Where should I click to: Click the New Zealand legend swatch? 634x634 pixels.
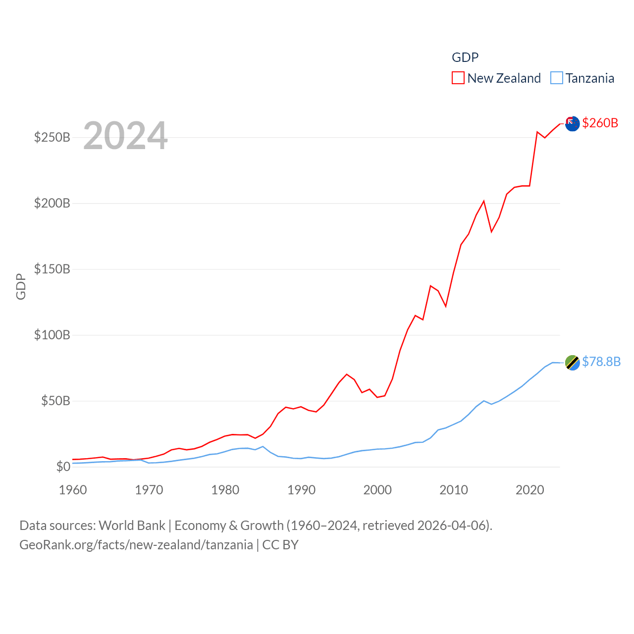tap(458, 78)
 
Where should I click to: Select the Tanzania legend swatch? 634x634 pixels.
tap(557, 78)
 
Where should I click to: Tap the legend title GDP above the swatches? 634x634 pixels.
tap(465, 57)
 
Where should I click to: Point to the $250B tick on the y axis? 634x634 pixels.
tap(52, 137)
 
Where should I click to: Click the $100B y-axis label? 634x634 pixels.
tap(52, 335)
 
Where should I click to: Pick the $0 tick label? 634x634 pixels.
tap(63, 467)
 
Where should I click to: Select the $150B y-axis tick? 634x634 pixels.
tap(52, 269)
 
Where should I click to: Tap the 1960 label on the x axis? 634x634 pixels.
tap(73, 490)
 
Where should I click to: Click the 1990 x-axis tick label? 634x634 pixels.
tap(301, 490)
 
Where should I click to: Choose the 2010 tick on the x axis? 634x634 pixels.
tap(454, 490)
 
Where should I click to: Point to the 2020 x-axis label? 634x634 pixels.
tap(530, 490)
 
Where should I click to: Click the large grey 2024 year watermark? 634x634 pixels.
tap(125, 136)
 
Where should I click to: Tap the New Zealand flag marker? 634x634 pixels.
tap(572, 123)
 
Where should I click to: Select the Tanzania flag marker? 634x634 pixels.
tap(572, 363)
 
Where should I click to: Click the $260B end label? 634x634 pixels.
tap(600, 123)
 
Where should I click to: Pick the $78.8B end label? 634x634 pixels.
tap(601, 362)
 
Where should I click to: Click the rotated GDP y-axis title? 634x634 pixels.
tap(21, 286)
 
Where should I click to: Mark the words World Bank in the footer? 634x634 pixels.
tap(132, 526)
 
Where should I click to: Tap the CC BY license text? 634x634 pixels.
tap(280, 545)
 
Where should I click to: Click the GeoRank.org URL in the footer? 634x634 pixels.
tap(136, 545)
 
